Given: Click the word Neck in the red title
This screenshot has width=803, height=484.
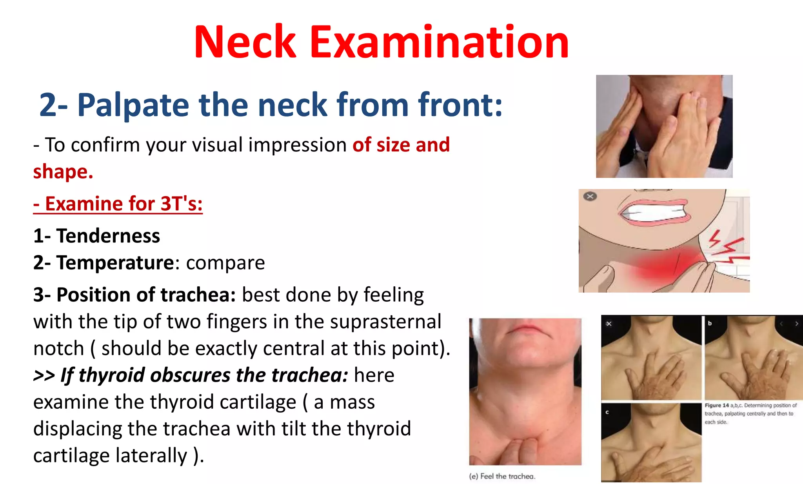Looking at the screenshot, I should (245, 42).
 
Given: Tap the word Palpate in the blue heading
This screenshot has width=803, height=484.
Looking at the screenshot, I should (133, 105).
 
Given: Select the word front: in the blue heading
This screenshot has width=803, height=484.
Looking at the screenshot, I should (460, 105).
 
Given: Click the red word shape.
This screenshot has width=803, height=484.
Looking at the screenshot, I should (63, 172).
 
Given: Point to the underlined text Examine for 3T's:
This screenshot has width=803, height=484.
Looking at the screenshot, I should (118, 204).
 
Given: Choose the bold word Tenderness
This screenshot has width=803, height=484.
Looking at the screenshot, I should (108, 236).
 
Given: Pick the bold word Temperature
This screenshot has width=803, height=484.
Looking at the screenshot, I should (115, 263).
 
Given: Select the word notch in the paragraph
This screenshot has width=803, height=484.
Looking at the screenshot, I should (59, 349).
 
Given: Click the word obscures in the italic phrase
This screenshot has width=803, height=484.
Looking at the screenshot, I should (190, 375).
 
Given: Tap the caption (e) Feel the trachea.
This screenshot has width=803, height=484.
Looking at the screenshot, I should (502, 477).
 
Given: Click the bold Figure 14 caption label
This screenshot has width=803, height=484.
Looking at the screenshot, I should (716, 406).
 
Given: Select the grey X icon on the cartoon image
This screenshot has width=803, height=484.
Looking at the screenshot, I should (590, 196).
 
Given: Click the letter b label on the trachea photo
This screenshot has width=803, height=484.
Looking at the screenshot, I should (709, 324).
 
